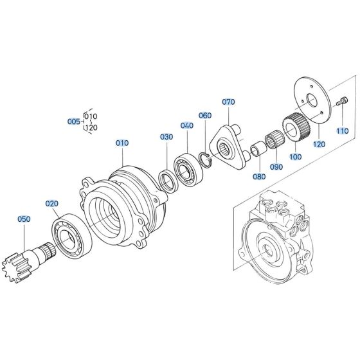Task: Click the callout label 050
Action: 24,219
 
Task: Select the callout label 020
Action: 51,203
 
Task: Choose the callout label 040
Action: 186,125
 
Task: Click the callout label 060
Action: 205,116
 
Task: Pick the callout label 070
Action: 229,102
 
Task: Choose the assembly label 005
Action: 75,121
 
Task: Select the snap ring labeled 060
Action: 204,159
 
